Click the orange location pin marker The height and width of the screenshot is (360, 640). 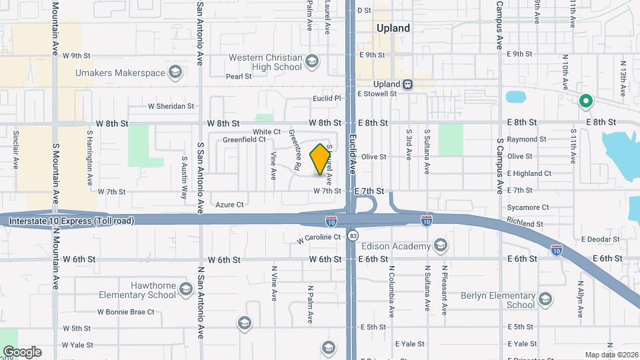321,159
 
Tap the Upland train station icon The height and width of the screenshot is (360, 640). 407,84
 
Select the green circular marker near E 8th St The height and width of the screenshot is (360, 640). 586,102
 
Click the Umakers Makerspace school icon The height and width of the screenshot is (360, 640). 175,72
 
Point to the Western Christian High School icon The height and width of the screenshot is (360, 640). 311,62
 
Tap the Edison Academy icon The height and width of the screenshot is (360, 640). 440,247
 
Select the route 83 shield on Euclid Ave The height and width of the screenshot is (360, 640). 353,235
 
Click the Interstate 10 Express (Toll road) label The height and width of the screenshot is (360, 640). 71,221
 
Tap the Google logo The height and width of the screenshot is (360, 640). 21,351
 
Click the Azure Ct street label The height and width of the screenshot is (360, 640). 229,205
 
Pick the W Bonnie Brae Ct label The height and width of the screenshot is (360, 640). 125,311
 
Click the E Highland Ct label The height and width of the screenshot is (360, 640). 529,173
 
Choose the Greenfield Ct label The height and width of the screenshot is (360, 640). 244,140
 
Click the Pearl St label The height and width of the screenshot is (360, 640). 238,77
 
